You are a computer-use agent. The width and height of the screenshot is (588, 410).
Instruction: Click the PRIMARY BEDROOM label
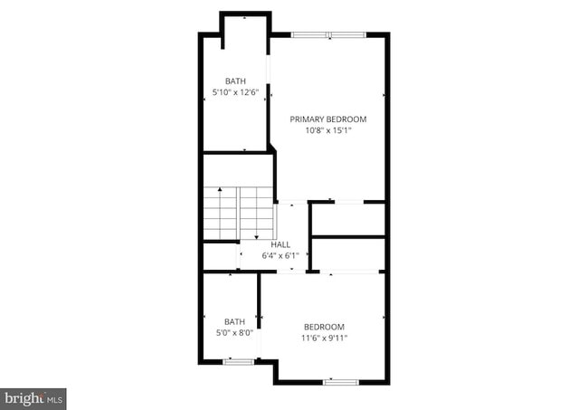(327, 119)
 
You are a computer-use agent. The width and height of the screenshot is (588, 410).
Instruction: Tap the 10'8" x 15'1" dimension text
(327, 130)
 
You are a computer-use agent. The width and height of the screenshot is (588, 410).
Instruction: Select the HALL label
(280, 244)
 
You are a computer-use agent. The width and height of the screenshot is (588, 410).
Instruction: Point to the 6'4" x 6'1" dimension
(280, 255)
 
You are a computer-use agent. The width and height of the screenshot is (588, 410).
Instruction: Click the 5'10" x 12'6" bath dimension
(235, 92)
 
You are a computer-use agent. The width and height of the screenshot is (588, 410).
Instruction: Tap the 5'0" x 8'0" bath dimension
(235, 332)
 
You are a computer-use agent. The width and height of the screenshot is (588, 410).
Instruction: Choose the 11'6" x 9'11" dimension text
(324, 338)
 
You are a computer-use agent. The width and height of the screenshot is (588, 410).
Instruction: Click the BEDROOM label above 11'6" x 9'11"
(324, 327)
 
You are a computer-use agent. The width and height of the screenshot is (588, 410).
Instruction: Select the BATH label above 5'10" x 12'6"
(235, 81)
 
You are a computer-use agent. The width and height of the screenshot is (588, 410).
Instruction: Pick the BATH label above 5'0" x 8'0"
(235, 321)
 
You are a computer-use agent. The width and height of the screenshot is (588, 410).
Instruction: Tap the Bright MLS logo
(33, 397)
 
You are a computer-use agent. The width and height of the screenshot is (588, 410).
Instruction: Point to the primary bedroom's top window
(329, 34)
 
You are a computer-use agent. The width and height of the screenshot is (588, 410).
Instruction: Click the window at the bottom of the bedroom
(341, 382)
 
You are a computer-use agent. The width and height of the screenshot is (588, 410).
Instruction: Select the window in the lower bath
(239, 361)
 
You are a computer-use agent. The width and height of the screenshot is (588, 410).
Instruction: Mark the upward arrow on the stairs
(220, 191)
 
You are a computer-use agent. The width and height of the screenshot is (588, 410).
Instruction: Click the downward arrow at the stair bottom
(256, 237)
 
